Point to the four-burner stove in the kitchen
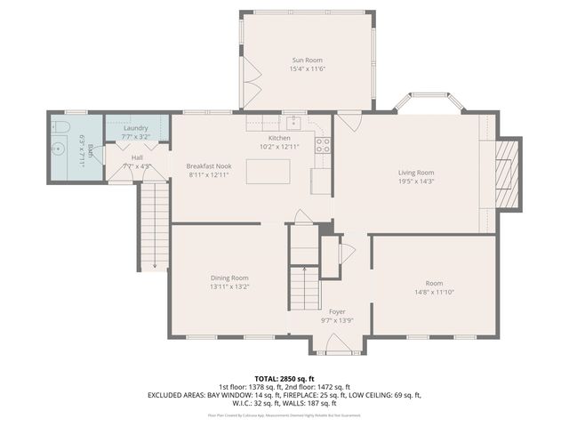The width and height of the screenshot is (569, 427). [322, 144]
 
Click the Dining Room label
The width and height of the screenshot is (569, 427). [229, 278]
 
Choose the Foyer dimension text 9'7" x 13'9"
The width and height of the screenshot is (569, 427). [337, 320]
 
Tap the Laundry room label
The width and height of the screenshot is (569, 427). [136, 128]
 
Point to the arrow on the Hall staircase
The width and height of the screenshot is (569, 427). [155, 263]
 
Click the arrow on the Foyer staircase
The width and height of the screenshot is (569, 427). [302, 269]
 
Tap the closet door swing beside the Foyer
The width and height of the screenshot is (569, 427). [347, 253]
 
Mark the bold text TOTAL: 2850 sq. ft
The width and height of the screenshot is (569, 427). [284, 378]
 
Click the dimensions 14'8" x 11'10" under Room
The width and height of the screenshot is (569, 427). [434, 293]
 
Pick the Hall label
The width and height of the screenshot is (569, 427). [138, 157]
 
